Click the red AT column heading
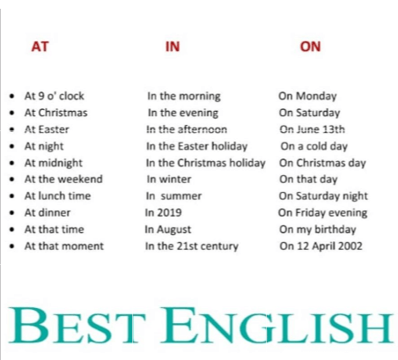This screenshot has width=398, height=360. pos(40,47)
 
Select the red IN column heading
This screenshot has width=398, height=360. pos(173,47)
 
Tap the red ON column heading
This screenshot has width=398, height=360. pos(310,47)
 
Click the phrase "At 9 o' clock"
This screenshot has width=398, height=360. pos(55,96)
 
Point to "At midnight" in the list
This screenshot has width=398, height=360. pos(54,163)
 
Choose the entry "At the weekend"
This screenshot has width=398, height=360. pos(63,179)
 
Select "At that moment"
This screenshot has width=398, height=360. pos(64,246)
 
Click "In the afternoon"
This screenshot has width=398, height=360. pos(187,129)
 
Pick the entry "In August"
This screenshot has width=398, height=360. pos(168,230)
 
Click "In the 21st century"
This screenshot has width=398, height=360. pos(192,246)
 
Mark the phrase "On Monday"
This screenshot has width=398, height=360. pos(307,96)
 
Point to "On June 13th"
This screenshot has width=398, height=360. pos(313,129)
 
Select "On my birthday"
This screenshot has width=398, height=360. pos(318,230)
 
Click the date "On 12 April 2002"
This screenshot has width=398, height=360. pos(321,246)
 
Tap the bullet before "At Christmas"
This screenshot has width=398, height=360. pos(11,113)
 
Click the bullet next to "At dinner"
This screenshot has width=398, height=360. pos(11,213)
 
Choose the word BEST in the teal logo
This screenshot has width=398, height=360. pos(77,325)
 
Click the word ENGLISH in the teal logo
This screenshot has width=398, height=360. pos(276,325)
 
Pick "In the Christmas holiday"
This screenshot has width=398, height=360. pos(206,163)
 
